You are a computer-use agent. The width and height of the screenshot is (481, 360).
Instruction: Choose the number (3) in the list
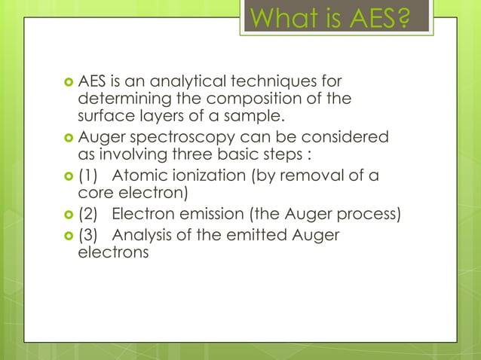tap(89, 236)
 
